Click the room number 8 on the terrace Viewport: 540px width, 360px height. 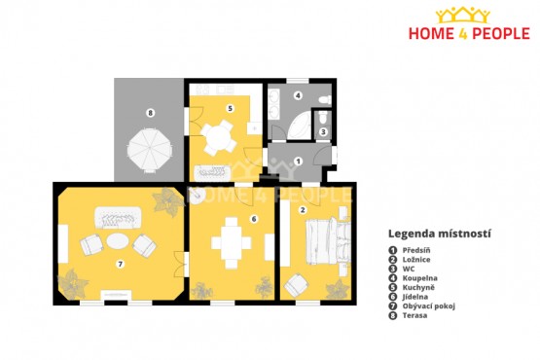150,113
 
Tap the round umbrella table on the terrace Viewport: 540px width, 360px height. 150,150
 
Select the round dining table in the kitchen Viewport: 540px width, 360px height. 218,138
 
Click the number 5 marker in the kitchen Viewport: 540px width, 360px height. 230,109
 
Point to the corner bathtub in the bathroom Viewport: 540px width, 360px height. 300,126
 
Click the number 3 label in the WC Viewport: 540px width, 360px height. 323,131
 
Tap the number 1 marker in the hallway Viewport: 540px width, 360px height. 299,162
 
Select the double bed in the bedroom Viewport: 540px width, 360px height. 327,241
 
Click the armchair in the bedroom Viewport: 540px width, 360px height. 296,285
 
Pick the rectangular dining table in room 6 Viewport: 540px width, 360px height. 232,243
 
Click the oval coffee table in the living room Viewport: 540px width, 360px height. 118,240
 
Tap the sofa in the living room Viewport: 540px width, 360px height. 118,217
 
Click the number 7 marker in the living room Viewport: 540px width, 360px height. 120,265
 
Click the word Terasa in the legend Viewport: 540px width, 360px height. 414,315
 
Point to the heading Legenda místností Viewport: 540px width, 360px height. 440,234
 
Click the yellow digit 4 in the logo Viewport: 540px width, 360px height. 463,34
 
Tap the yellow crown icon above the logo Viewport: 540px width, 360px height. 463,16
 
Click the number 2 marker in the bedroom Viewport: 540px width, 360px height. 303,209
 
